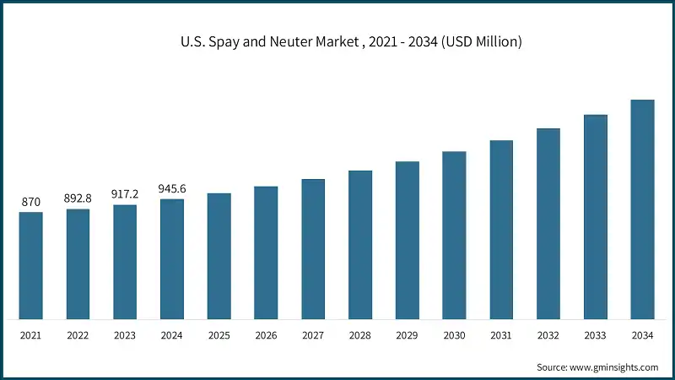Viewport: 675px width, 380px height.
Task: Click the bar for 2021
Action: click(31, 266)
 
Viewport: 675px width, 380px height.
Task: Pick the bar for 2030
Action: click(455, 236)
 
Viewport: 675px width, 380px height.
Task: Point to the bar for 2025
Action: click(219, 257)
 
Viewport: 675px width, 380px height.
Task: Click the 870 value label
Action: click(31, 203)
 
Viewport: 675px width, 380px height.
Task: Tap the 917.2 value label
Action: click(125, 194)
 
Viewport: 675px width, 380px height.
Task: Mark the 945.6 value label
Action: click(172, 189)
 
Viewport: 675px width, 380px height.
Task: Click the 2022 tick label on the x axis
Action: click(78, 335)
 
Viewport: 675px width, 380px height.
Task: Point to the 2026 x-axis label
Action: click(267, 335)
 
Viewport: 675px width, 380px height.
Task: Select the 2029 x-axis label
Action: click(408, 335)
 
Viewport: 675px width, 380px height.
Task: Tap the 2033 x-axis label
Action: click(596, 335)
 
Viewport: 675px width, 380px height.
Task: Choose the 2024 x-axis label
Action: click(172, 335)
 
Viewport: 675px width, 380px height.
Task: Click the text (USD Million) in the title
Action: click(480, 42)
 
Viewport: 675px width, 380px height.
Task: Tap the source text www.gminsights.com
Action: click(613, 367)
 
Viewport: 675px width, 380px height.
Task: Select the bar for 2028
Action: click(360, 245)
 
